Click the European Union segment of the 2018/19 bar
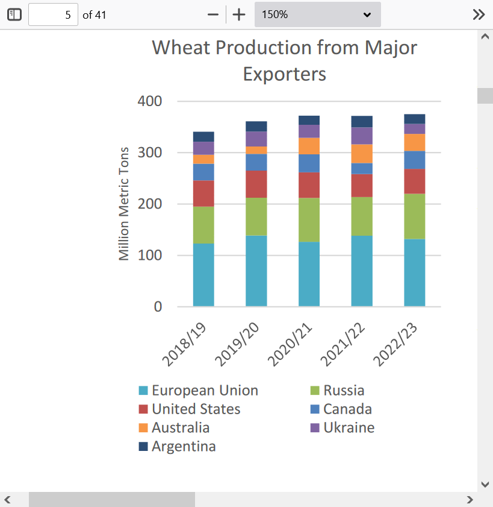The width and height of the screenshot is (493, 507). click(203, 275)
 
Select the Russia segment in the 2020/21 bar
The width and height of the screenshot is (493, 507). click(309, 220)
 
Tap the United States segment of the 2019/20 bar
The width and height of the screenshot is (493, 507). click(256, 184)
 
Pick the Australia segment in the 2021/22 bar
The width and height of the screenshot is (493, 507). click(362, 154)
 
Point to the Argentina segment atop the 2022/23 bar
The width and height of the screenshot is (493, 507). click(415, 119)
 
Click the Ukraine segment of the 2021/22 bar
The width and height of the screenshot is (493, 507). click(362, 136)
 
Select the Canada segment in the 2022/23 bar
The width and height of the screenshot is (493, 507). click(415, 160)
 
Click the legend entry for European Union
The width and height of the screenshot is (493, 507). click(199, 390)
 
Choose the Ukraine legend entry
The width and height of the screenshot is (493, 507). click(343, 427)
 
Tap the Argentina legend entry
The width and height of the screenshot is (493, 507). click(177, 446)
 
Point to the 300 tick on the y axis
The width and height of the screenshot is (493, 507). click(149, 153)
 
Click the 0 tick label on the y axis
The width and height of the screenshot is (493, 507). click(158, 306)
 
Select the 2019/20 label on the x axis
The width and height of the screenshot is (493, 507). click(237, 344)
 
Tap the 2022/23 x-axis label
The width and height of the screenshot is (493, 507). click(395, 344)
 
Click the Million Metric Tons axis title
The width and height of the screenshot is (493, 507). click(124, 204)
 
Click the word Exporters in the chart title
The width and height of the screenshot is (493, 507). click(285, 74)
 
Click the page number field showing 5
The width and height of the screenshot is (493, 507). click(53, 14)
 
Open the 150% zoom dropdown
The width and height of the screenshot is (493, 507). click(318, 14)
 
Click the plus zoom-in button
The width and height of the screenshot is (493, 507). click(239, 14)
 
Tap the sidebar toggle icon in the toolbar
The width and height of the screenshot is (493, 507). click(14, 14)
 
